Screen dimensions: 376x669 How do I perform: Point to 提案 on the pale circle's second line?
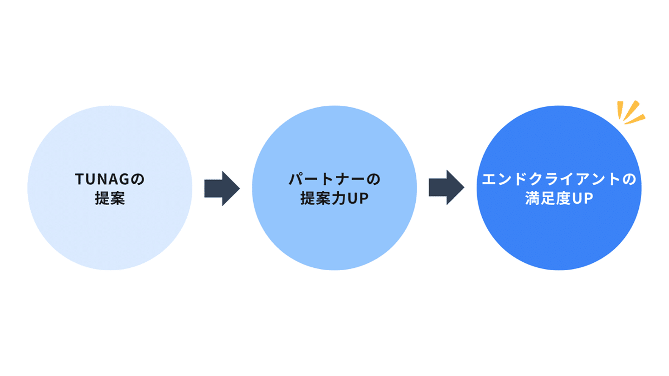point(110,199)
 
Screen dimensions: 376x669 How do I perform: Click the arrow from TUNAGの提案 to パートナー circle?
point(222,188)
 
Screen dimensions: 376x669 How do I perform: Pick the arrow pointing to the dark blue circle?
point(446,188)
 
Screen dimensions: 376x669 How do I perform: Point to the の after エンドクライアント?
point(630,180)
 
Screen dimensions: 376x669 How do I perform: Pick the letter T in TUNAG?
point(79,180)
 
